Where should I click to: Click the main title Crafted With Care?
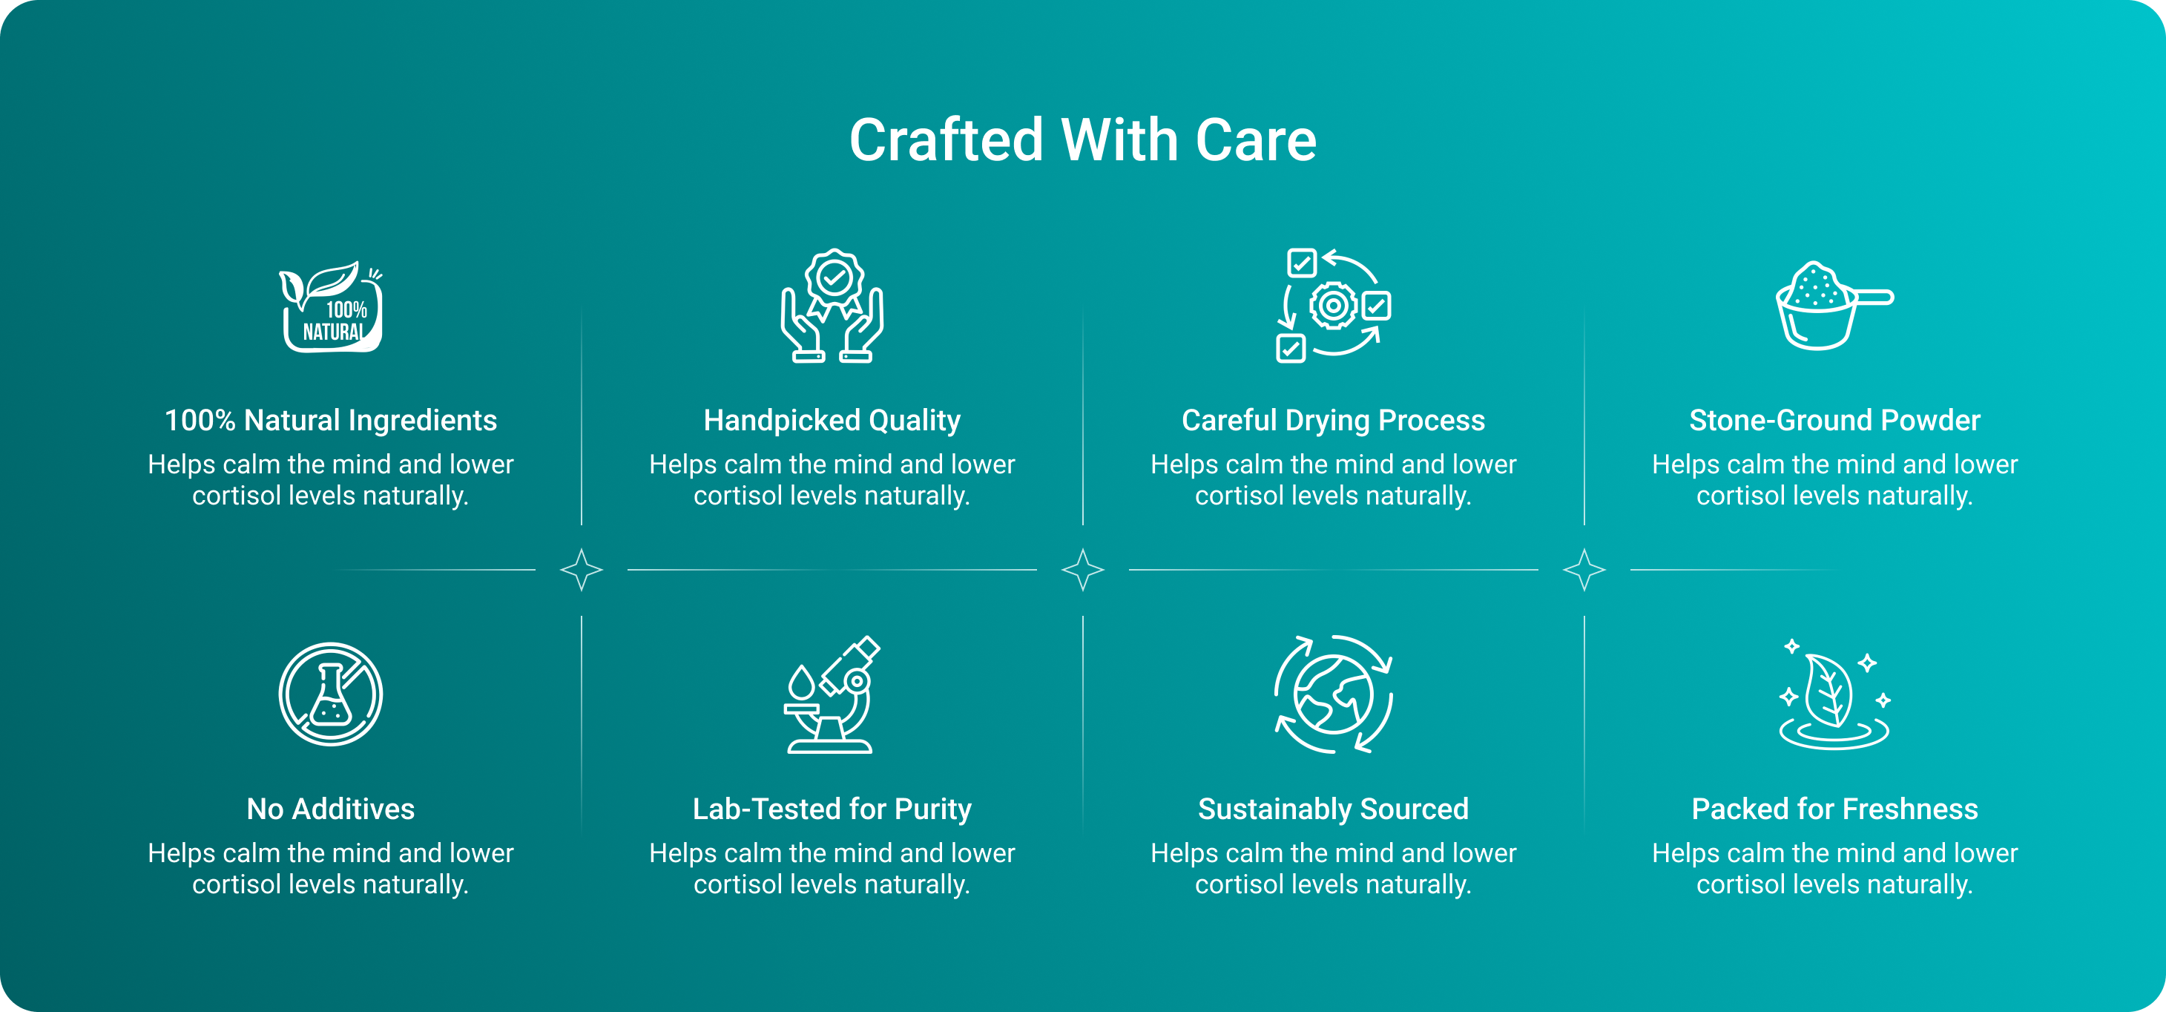pos(1082,139)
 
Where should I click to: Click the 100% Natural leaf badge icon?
pos(332,306)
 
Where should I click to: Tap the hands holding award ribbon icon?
pos(832,306)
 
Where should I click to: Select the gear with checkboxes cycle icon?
pos(1334,306)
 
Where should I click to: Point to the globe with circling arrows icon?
pos(1334,694)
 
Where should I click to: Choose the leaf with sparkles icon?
pos(1834,694)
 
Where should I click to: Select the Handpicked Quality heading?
pos(832,420)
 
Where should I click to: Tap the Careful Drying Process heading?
pos(1334,420)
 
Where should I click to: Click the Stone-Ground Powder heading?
pos(1834,420)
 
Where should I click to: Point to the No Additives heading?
pos(330,809)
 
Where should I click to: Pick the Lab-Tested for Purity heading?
pos(832,809)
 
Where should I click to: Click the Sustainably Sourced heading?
pos(1334,809)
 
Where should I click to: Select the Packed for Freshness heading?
pos(1834,809)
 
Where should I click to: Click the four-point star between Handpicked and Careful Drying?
pos(1083,570)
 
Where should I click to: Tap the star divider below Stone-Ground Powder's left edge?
pos(1584,570)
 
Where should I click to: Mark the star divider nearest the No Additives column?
pos(581,570)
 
